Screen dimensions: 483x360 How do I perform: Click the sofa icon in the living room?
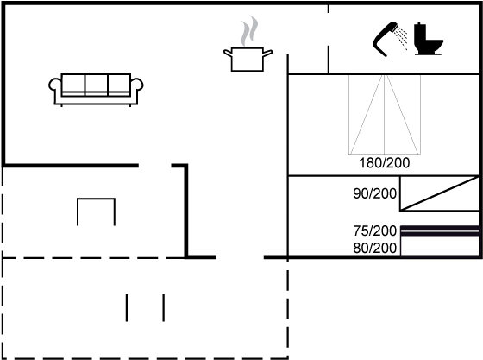point(96,90)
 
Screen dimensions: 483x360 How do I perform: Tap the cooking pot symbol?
point(248,60)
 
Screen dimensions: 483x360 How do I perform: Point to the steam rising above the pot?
point(249,31)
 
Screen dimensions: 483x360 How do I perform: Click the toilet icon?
point(428,39)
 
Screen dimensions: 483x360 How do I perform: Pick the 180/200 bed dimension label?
point(385,163)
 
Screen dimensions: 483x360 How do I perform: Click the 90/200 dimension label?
point(375,193)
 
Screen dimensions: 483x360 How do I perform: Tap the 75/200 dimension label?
point(375,231)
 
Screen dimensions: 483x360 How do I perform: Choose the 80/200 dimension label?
point(375,248)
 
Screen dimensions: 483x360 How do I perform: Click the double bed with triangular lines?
point(385,114)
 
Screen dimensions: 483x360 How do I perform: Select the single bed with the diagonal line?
point(440,193)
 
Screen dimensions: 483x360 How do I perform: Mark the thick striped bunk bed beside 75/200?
point(440,231)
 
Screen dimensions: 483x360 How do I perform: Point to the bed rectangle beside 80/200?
point(440,246)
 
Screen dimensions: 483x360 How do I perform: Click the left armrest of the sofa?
point(55,85)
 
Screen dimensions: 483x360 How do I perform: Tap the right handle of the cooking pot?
point(267,54)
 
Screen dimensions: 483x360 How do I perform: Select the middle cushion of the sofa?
point(96,83)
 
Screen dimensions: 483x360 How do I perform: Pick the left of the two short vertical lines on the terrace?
point(127,307)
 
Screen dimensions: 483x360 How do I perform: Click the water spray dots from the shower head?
point(402,38)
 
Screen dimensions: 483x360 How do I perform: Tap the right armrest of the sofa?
point(137,85)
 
